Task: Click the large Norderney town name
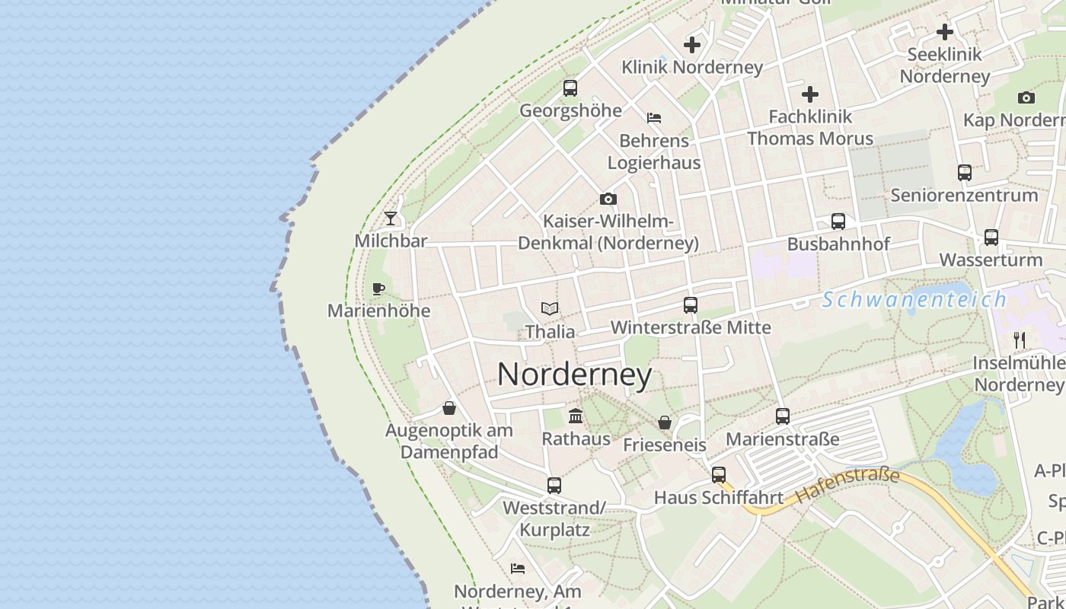click(574, 375)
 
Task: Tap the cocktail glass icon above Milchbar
click(391, 218)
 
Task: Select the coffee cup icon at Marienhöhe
click(378, 289)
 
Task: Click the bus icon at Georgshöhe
click(570, 88)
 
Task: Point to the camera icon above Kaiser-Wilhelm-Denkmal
click(608, 199)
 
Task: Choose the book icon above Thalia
click(550, 308)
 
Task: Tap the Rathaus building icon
click(576, 416)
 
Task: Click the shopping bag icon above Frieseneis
click(665, 422)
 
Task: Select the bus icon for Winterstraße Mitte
click(691, 305)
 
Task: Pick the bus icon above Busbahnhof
click(838, 222)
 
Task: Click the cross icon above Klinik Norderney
click(692, 45)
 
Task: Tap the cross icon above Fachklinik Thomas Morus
click(810, 94)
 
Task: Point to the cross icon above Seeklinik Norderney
click(945, 32)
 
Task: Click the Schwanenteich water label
click(914, 300)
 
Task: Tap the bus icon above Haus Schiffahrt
click(719, 476)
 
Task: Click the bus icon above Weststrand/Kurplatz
click(554, 486)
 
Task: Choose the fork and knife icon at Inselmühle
click(1020, 340)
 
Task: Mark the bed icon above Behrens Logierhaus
click(654, 118)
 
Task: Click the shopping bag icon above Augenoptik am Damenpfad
click(449, 408)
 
